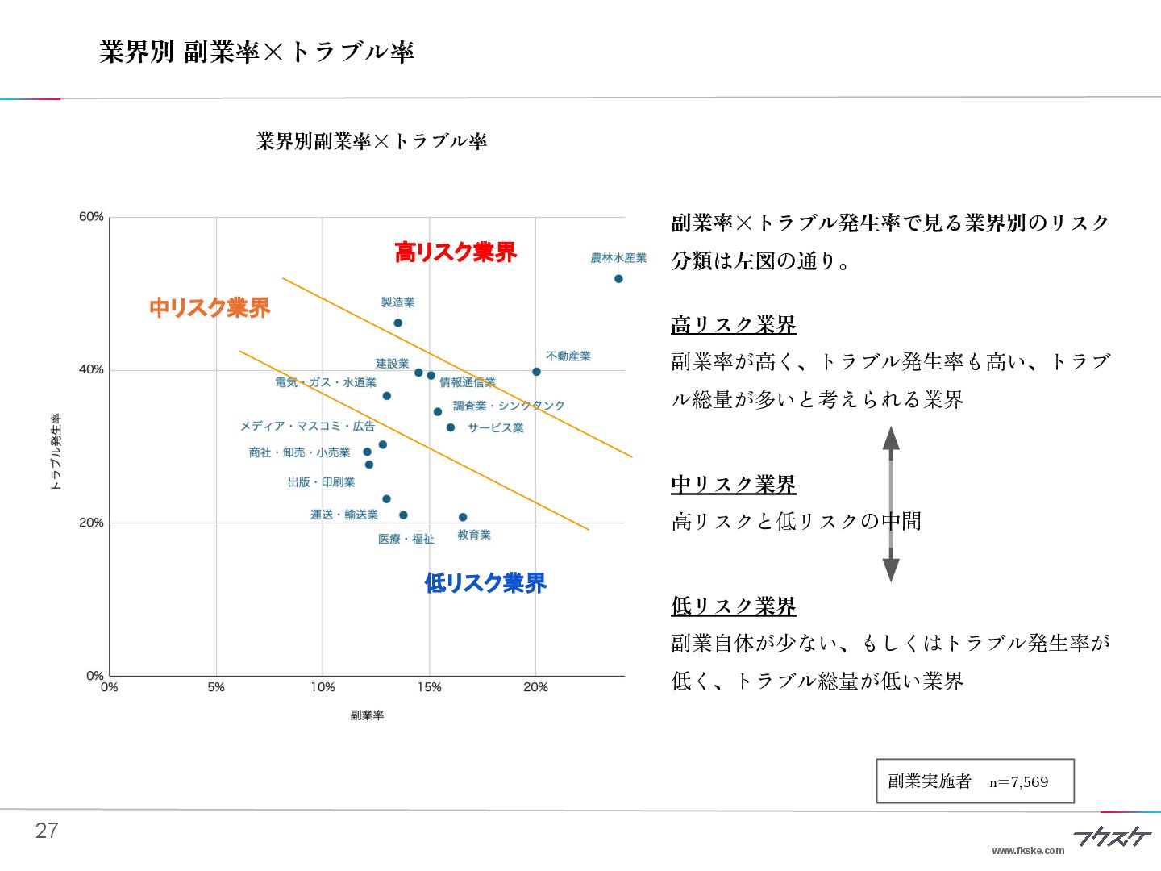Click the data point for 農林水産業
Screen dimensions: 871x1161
point(618,279)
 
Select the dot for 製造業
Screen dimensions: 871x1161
point(397,323)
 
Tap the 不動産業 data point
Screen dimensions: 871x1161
point(536,372)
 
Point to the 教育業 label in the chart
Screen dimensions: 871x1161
point(474,535)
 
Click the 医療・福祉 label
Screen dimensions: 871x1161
point(406,539)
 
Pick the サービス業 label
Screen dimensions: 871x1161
point(496,427)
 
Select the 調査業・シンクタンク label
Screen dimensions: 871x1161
point(509,406)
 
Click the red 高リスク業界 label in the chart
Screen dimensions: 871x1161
point(456,252)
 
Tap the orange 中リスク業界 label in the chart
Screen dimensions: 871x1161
point(210,307)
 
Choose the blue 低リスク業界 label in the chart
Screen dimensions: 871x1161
point(485,582)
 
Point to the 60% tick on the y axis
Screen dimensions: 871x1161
point(92,217)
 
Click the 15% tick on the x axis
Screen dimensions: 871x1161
point(429,687)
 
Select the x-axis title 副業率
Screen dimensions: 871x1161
point(367,715)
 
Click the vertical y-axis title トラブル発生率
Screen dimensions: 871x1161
point(56,452)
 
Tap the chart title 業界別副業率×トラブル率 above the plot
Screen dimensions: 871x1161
point(372,141)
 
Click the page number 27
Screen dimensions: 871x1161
point(47,831)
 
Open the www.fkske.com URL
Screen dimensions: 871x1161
point(1028,850)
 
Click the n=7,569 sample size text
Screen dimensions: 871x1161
point(1019,781)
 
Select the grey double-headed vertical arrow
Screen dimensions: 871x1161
point(891,504)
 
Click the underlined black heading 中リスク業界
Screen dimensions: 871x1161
point(734,485)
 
